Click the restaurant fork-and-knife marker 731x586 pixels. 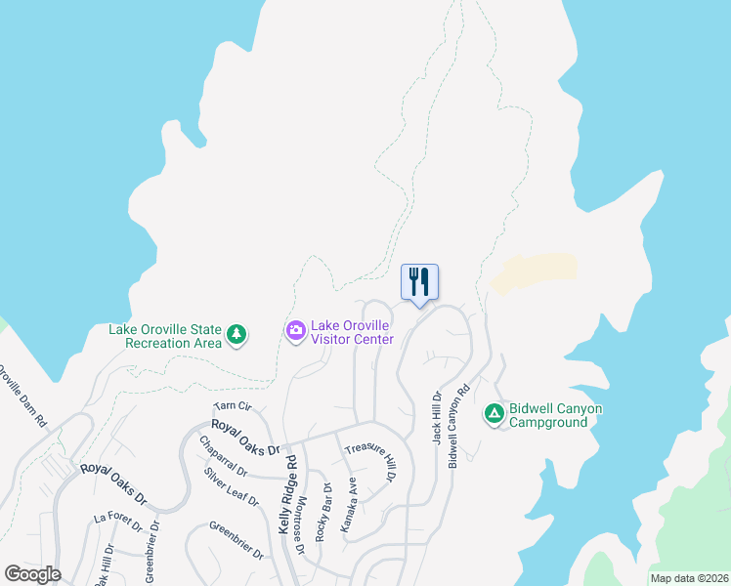(420, 282)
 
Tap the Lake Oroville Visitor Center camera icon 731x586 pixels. (295, 332)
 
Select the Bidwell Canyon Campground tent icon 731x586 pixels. (494, 414)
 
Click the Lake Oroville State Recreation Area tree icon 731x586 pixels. (236, 335)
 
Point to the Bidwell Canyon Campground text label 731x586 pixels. (554, 415)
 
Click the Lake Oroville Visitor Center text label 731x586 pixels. (352, 332)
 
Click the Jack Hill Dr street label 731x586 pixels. (438, 418)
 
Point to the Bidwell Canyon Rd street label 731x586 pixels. (457, 425)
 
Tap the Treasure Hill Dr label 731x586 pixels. (369, 460)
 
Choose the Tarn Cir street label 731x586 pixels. (233, 406)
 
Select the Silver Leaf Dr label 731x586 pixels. (232, 487)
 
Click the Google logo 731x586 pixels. (33, 573)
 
